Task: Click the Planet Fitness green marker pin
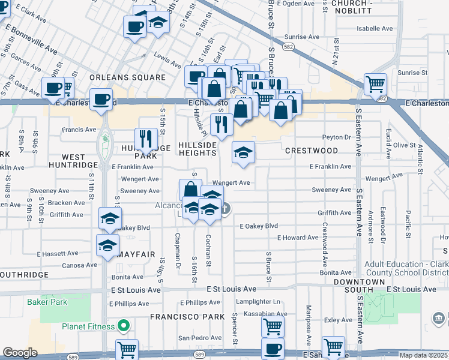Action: [x=124, y=326]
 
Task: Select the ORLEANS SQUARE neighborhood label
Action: [x=127, y=77]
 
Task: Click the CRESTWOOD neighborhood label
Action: [x=312, y=150]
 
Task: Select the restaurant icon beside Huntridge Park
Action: [x=146, y=139]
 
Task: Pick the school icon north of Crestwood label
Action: [x=243, y=152]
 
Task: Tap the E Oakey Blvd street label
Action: [x=259, y=226]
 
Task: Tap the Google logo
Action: [x=20, y=353]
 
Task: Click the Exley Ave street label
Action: [x=338, y=320]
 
